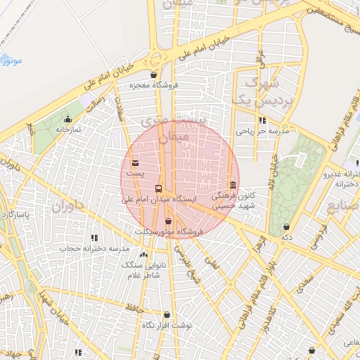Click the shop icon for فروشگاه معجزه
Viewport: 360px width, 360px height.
coord(154,74)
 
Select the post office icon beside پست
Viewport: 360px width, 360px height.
coord(135,163)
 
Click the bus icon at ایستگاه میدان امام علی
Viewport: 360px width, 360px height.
coord(158,189)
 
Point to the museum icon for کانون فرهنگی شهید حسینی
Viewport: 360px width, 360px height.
coord(233,184)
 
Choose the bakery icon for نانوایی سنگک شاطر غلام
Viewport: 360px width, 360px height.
coord(144,254)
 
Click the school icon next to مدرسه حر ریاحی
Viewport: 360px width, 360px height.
coord(263,121)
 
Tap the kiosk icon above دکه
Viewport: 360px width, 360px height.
coord(286,226)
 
